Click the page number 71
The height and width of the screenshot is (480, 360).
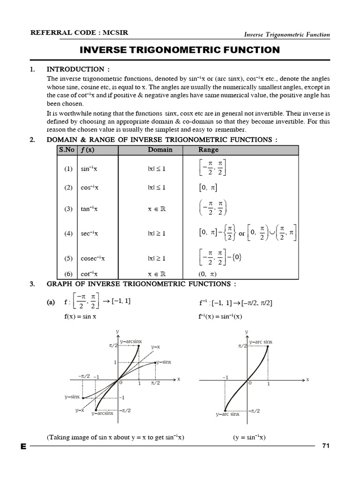pos(326,446)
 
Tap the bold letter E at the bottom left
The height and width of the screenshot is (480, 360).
pos(23,447)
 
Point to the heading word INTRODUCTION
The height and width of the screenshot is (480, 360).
pos(75,69)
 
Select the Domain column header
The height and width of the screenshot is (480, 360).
pos(160,150)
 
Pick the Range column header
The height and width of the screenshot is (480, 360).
pos(208,150)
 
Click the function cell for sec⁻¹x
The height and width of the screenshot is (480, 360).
pos(90,233)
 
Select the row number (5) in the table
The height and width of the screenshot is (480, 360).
pos(68,258)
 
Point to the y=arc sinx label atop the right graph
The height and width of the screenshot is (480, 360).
pos(261,342)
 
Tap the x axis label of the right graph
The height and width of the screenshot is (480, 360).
pos(307,379)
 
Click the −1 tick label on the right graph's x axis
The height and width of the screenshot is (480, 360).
pos(225,377)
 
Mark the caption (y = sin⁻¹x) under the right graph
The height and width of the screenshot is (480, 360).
pos(249,437)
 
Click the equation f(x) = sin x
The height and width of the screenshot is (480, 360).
pos(81,316)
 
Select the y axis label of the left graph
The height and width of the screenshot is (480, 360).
pos(118,331)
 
